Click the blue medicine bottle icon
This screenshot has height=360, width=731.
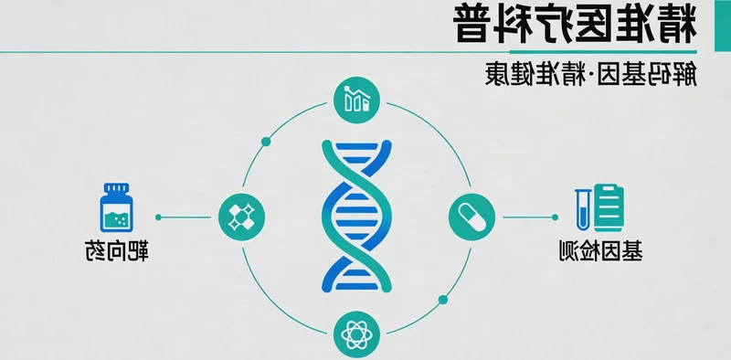pos(114,209)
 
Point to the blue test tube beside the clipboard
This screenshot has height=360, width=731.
pos(580,206)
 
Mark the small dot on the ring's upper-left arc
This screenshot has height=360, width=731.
pos(266,141)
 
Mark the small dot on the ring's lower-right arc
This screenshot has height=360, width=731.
pos(443,299)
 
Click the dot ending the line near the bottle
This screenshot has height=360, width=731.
pos(158,217)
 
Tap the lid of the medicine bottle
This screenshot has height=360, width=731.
pos(114,189)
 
